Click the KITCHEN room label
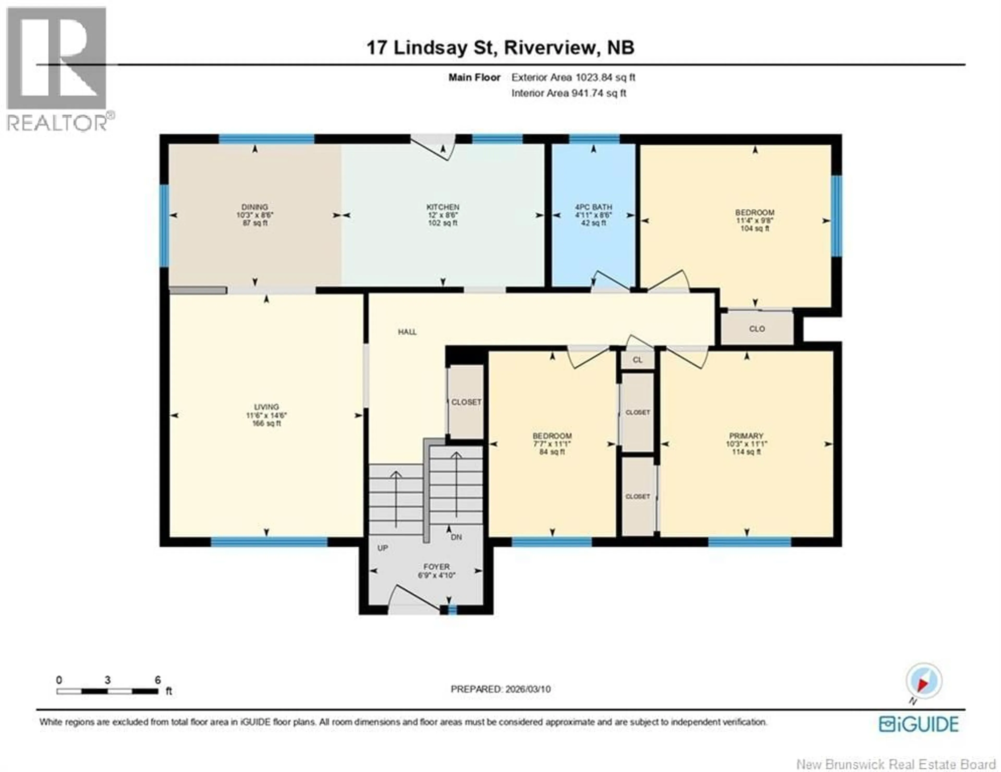tap(443, 207)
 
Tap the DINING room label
tap(255, 207)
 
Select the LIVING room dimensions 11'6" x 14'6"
tap(266, 415)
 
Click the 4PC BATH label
tap(594, 207)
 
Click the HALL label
tap(407, 332)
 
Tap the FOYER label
tap(436, 566)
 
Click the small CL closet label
tap(637, 360)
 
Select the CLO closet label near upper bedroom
tap(757, 329)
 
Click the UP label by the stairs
tap(383, 548)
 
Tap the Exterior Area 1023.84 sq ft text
tap(573, 77)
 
